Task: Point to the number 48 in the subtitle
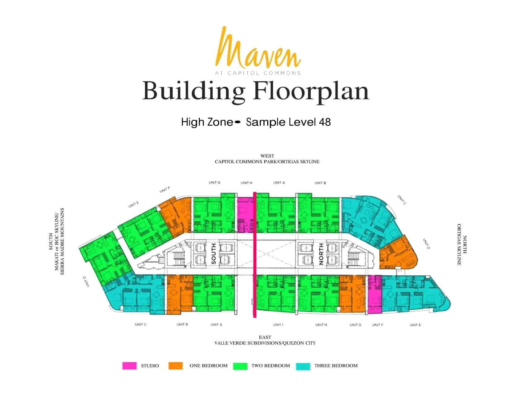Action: (x=325, y=122)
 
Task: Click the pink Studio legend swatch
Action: (x=129, y=366)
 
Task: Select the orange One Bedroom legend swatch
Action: (x=176, y=366)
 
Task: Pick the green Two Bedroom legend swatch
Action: (x=240, y=366)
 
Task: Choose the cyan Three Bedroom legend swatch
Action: (x=303, y=366)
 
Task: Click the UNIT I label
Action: (x=278, y=325)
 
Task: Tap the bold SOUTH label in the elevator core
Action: (x=213, y=254)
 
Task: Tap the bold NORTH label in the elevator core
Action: (x=321, y=254)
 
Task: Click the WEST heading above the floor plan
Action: (x=267, y=156)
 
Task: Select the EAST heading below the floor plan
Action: (x=265, y=337)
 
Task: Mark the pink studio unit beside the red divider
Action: (x=245, y=215)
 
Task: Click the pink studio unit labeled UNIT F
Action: (x=375, y=295)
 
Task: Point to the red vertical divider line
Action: (x=255, y=255)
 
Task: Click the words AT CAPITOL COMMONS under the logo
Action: (x=258, y=73)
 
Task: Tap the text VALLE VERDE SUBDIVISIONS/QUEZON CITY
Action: (x=265, y=343)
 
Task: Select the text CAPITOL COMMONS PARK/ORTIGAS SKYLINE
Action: (x=267, y=162)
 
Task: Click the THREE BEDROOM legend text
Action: (x=336, y=366)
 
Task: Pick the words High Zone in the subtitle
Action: (x=207, y=122)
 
